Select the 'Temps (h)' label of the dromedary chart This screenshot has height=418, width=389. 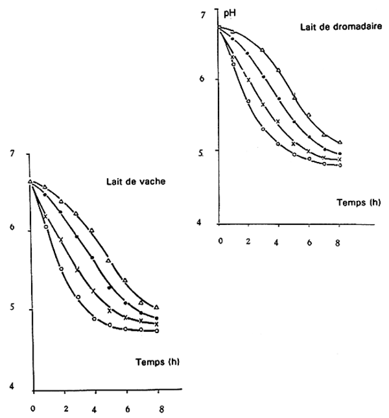(358, 202)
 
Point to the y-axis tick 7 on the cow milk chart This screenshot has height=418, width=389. (11, 154)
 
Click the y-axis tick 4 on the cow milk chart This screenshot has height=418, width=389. (11, 388)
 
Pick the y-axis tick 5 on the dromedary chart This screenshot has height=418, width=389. (202, 152)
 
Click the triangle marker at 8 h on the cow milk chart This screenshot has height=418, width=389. (156, 307)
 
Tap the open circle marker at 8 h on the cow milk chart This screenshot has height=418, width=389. (156, 331)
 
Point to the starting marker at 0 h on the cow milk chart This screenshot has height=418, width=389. (30, 181)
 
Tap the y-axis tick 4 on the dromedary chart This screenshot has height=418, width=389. (202, 223)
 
